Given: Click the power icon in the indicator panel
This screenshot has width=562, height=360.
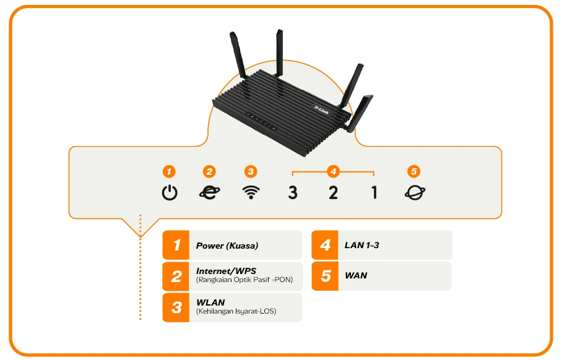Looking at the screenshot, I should click(170, 192).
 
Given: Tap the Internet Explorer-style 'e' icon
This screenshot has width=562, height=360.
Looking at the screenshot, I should click(209, 192).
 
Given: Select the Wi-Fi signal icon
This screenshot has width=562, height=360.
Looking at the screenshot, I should click(250, 192).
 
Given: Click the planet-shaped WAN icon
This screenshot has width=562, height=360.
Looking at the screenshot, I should click(415, 192).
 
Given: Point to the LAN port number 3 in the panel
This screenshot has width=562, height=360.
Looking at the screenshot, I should click(293, 193).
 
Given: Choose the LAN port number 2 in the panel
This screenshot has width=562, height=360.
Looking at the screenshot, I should click(333, 193).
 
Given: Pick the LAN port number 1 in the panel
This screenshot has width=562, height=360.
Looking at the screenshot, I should click(374, 193).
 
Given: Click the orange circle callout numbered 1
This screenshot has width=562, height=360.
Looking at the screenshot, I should click(170, 171).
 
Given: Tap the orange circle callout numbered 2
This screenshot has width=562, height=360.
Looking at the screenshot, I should click(209, 171).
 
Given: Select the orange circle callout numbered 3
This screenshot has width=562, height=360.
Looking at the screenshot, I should click(250, 171).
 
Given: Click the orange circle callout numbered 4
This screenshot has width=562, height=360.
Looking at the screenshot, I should click(333, 171).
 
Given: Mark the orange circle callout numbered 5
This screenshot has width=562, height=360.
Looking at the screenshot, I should click(414, 171).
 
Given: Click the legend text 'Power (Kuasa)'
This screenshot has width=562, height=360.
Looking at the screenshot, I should click(227, 246).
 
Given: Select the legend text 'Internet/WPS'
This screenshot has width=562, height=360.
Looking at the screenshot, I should click(226, 271).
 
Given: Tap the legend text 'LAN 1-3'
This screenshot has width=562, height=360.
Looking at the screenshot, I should click(361, 246).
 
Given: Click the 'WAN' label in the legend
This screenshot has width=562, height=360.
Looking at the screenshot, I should click(356, 275).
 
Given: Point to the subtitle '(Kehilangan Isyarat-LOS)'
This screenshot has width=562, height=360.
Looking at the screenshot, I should click(236, 311).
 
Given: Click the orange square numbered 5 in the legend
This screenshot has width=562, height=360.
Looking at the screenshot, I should click(326, 276).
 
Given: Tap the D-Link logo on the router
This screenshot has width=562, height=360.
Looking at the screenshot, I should click(321, 109).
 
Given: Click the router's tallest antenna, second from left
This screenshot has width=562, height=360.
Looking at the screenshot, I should click(279, 56).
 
